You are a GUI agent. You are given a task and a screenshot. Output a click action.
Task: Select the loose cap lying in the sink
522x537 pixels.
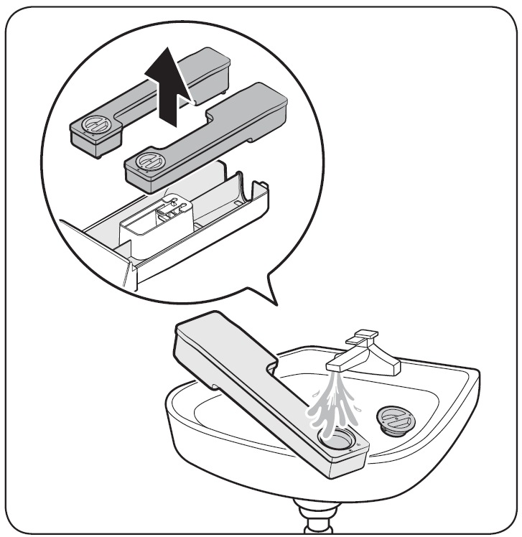click(x=392, y=419)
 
